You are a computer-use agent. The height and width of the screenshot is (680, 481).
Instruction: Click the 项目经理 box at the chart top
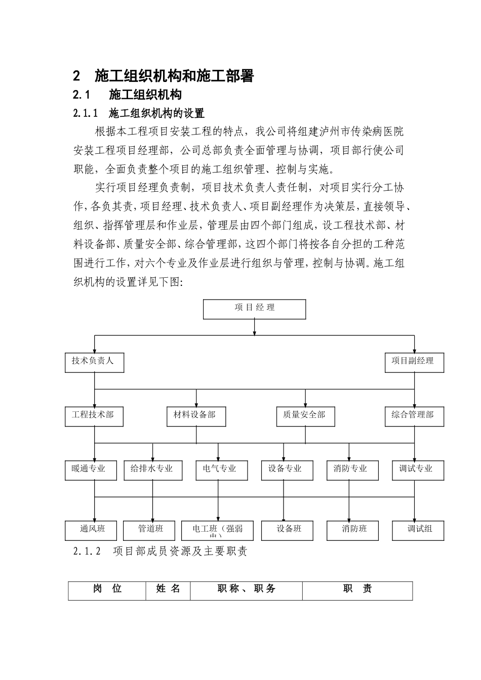click(254, 309)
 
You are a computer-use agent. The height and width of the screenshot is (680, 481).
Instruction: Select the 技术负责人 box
click(95, 363)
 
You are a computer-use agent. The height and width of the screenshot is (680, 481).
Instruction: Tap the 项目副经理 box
click(414, 363)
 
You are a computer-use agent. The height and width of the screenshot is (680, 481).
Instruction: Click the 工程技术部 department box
click(94, 416)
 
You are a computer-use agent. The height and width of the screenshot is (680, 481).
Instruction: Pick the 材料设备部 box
click(196, 416)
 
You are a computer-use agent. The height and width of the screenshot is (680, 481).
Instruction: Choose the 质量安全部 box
click(305, 416)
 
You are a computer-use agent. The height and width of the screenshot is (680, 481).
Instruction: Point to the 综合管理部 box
click(414, 416)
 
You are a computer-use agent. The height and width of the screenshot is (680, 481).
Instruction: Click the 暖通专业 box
click(92, 470)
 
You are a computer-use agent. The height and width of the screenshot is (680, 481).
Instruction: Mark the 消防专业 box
click(350, 470)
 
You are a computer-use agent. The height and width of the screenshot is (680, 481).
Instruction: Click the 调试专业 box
click(418, 470)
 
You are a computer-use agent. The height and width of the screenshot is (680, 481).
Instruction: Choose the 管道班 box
click(150, 530)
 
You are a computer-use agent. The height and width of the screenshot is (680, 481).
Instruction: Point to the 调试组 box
click(419, 530)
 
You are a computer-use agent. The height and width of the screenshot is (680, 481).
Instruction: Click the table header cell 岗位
click(107, 590)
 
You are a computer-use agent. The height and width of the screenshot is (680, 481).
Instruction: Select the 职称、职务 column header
click(247, 590)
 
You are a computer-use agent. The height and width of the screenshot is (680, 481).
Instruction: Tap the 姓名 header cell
click(168, 590)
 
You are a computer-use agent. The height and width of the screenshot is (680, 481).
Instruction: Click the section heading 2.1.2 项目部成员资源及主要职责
click(161, 551)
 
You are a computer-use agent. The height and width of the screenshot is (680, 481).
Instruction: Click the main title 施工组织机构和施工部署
click(174, 76)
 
